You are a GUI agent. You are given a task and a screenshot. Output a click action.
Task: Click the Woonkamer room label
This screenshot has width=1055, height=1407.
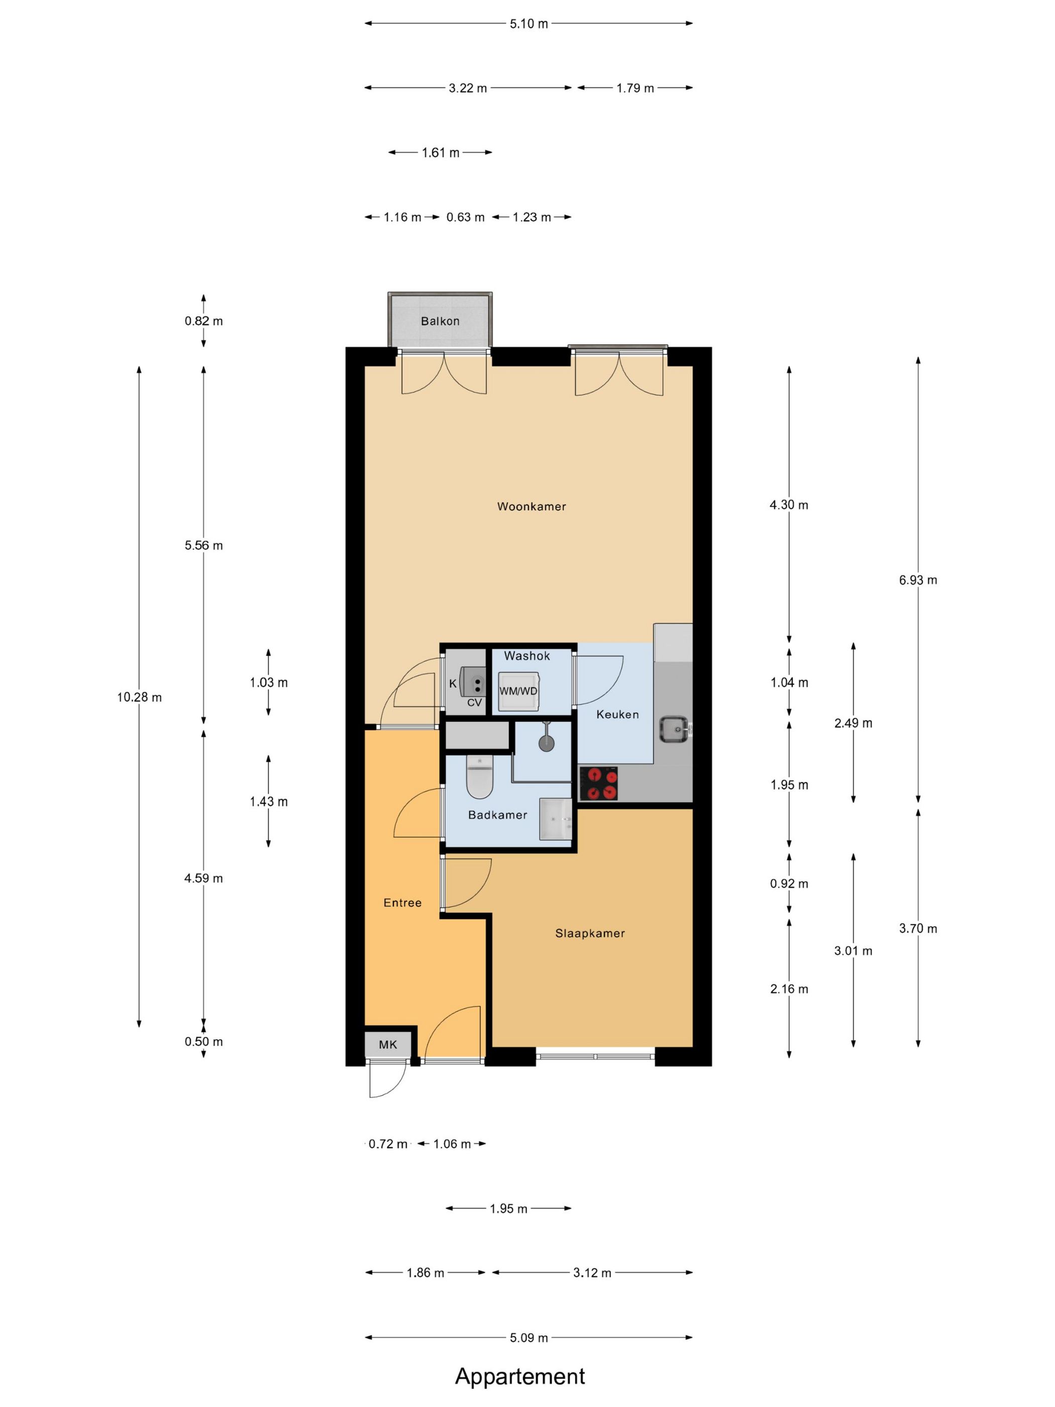tap(531, 507)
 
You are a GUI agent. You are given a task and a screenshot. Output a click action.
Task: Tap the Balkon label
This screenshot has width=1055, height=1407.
tap(440, 321)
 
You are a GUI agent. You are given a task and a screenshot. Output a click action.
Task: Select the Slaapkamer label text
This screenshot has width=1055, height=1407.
tap(589, 933)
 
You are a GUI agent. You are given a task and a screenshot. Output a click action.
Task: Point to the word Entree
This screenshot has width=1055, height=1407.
tap(402, 902)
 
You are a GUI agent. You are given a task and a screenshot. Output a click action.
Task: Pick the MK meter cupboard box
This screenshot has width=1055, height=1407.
tap(388, 1044)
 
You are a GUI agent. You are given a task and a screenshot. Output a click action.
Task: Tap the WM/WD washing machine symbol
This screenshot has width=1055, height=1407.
tap(518, 690)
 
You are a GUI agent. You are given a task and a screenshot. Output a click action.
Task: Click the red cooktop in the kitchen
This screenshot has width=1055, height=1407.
tap(598, 783)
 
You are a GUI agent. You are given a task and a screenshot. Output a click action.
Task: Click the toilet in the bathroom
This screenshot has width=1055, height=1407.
tap(479, 776)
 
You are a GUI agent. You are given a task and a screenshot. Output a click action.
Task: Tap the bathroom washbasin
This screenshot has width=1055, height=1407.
tap(556, 819)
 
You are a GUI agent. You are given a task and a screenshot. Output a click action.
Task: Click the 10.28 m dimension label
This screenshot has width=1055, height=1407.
tap(139, 696)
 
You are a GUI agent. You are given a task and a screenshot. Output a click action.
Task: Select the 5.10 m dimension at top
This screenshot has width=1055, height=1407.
tap(529, 24)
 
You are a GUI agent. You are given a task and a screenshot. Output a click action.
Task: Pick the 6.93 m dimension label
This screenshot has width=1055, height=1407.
tap(918, 579)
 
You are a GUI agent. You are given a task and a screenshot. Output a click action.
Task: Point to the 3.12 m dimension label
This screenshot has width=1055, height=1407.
tap(592, 1273)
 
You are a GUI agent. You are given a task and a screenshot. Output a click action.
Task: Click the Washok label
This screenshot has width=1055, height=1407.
tap(526, 655)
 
